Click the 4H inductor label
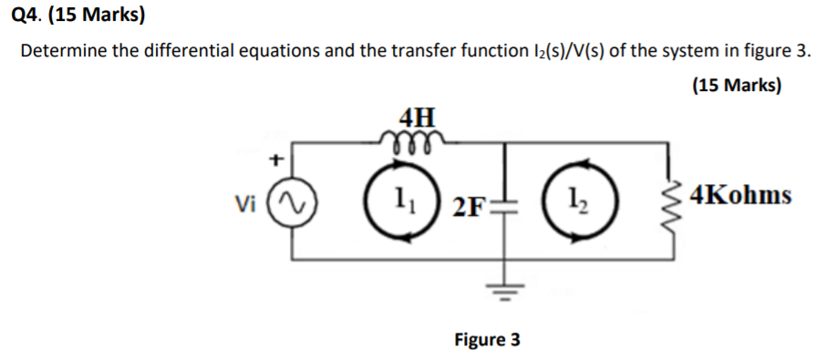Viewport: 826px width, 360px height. click(418, 117)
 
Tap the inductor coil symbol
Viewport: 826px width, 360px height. click(417, 138)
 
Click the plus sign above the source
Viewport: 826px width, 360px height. click(271, 160)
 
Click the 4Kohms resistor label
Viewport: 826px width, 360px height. click(740, 195)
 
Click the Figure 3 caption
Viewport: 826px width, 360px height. click(487, 340)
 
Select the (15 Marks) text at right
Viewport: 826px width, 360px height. click(737, 87)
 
